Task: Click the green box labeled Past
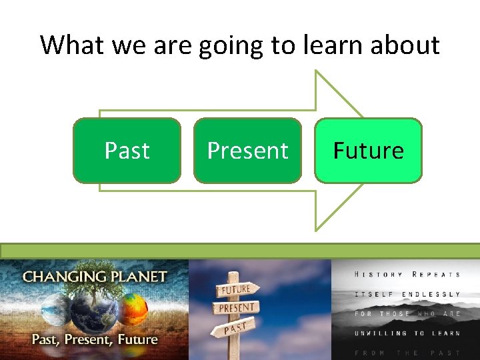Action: coord(127,151)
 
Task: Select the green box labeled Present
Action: coord(247,151)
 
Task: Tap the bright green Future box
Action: coord(368,151)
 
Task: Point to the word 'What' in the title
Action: coord(72,45)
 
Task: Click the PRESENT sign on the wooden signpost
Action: coord(236,308)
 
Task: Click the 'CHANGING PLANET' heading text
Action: coord(95,276)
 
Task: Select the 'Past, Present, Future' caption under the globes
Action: coord(94,339)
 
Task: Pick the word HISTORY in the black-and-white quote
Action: coord(379,275)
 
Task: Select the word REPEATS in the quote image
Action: coord(436,275)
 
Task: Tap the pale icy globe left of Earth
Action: coord(55,312)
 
